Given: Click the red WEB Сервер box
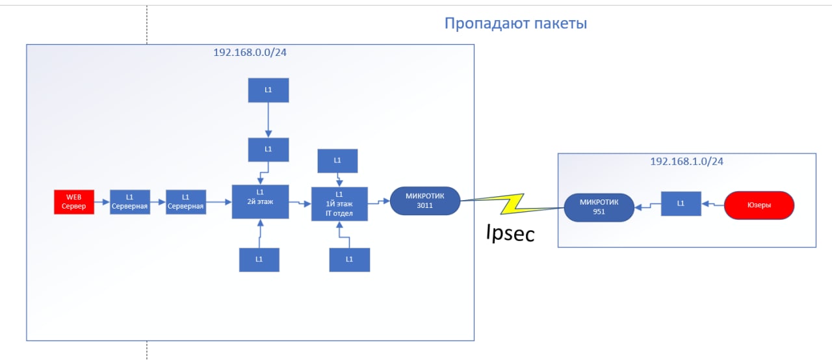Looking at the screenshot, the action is pos(74,202).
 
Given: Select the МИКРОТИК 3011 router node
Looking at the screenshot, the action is pos(425,201).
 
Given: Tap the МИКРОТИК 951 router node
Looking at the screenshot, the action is pos(599,207).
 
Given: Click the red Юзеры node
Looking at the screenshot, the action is pos(759,205).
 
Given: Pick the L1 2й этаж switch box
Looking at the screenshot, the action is pos(261,201).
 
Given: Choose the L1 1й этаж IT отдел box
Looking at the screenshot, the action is pos(339,204).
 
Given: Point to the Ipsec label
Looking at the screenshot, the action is pos(510,233).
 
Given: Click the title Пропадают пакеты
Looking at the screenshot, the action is pos(515,23).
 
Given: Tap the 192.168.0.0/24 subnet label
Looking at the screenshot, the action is pos(250,53).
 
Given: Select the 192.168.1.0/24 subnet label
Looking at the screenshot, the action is pos(686,161).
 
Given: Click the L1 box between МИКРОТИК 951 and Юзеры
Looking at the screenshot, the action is pos(681,203).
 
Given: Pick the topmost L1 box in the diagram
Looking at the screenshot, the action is pos(268,90).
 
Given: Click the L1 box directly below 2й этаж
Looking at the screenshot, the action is pos(259,260).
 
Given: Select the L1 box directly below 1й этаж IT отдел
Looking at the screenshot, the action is pos(350,260).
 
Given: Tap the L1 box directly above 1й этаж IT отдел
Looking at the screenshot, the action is pos(337,161).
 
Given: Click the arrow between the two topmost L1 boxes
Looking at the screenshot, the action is pos(268,120).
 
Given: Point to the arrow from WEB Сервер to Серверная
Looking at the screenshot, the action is pos(102,202).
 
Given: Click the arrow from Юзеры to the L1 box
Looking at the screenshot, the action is pos(713,204).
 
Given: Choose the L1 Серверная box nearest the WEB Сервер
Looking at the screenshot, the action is pos(130,202).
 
